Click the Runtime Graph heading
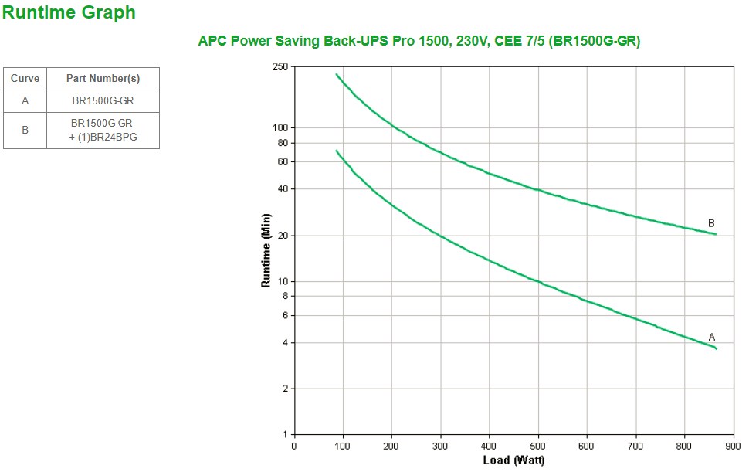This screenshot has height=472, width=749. (x=69, y=13)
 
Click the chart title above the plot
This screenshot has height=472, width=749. (x=419, y=42)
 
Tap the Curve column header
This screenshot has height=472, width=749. (x=25, y=79)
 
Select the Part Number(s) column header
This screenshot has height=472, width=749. (x=103, y=79)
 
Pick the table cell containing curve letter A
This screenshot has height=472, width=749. (x=25, y=101)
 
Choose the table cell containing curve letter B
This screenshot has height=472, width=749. (x=25, y=131)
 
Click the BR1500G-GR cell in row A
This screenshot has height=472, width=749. (x=103, y=101)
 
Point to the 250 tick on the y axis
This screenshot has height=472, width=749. (x=280, y=66)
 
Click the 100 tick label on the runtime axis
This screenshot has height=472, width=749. (x=280, y=127)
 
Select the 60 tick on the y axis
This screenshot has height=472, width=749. (x=282, y=161)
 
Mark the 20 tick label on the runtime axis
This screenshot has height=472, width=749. (x=282, y=235)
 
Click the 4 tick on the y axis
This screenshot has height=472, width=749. (x=284, y=342)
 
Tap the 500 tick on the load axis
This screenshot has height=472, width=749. (x=538, y=446)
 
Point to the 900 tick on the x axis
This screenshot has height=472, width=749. (x=733, y=446)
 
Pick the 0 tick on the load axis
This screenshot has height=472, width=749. (x=293, y=446)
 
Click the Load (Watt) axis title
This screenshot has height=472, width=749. (x=513, y=460)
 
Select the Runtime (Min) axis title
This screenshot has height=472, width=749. (x=266, y=250)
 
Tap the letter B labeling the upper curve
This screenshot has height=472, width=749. (x=711, y=223)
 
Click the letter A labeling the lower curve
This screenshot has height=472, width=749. (x=712, y=337)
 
